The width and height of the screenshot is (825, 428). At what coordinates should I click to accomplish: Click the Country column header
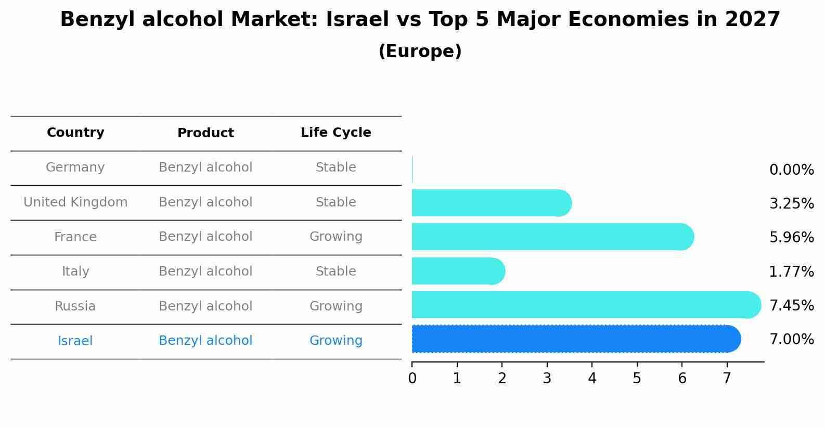click(x=75, y=133)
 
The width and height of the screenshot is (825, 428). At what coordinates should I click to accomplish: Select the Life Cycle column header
click(x=336, y=133)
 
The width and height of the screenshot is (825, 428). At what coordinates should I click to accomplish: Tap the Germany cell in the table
click(x=75, y=167)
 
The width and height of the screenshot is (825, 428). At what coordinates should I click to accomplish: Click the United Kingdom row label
click(x=75, y=202)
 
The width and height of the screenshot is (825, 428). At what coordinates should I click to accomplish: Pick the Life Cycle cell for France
click(x=336, y=237)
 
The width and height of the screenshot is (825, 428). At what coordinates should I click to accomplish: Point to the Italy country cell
click(x=75, y=271)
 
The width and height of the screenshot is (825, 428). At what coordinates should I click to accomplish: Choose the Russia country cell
click(x=75, y=306)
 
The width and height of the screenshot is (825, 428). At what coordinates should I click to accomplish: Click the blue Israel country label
click(x=75, y=341)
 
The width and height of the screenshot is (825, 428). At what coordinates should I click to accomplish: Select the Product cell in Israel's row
click(x=205, y=341)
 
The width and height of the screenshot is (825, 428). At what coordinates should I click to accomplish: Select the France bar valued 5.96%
click(x=551, y=237)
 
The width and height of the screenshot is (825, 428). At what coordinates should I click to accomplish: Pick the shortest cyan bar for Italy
click(x=458, y=271)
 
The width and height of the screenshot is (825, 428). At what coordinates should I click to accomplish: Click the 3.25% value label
click(x=791, y=204)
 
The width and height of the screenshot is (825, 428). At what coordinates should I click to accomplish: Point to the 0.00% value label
click(x=791, y=170)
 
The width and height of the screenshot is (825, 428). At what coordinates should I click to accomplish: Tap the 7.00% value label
click(x=791, y=340)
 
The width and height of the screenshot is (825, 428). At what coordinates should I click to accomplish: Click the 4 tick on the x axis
click(x=592, y=379)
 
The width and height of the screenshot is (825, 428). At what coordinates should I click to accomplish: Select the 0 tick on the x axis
click(x=412, y=379)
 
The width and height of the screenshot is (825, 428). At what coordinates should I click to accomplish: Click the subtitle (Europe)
click(x=420, y=51)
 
